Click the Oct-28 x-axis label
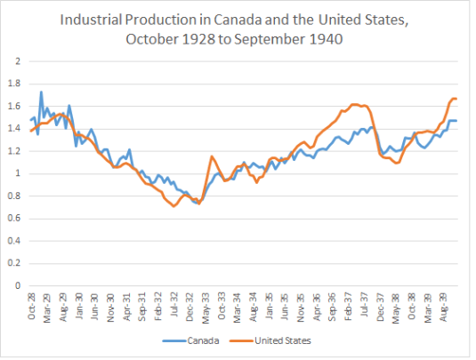pyautogui.click(x=33, y=307)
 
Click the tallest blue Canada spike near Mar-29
pyautogui.click(x=41, y=92)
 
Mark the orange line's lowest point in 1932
pyautogui.click(x=174, y=206)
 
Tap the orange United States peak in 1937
pyautogui.click(x=356, y=105)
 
